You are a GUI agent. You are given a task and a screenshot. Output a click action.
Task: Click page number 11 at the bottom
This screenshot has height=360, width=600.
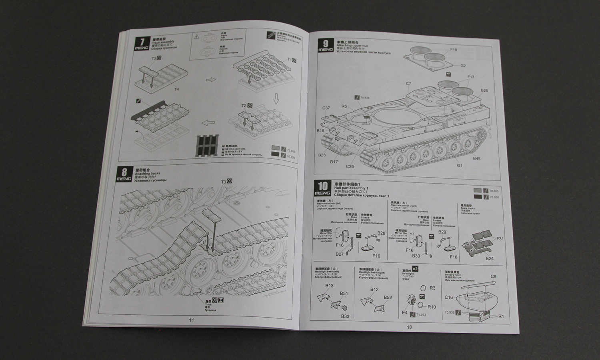tap(191, 320)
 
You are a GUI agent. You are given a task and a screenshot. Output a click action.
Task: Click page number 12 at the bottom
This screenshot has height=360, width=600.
tap(409, 326)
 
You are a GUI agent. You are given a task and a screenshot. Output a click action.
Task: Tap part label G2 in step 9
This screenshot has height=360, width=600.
tap(463, 66)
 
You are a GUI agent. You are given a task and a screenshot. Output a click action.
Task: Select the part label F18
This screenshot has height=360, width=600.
tap(453, 50)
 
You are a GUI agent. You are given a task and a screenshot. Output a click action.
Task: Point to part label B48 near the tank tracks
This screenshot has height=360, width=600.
tap(476, 158)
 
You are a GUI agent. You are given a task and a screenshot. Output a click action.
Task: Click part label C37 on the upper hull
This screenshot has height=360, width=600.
tap(326, 108)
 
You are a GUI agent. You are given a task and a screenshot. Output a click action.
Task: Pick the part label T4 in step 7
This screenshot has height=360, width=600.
tap(176, 89)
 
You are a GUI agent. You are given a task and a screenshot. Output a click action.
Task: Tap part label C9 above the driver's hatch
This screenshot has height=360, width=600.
tap(493, 276)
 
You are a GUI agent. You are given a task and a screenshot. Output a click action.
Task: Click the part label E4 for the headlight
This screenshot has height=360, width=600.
tap(405, 313)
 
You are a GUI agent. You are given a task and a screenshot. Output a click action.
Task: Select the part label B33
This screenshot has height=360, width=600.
tap(345, 316)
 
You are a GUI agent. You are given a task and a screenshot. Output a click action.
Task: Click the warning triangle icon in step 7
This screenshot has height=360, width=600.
tap(196, 36)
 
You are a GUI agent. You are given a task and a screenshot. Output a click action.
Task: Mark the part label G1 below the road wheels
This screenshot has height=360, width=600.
tap(460, 165)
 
